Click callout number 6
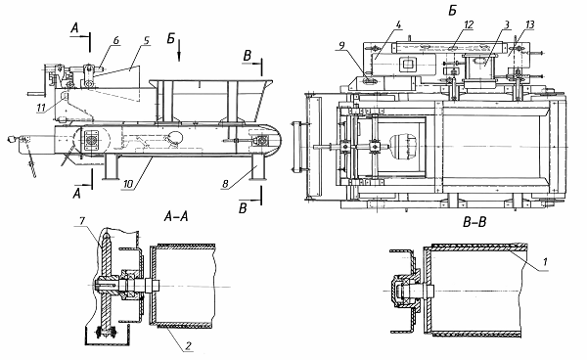116,40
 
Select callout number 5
147,40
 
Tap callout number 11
41,109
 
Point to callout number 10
128,184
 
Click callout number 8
225,184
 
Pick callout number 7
82,221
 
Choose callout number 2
188,345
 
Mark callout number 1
545,261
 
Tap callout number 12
469,24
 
